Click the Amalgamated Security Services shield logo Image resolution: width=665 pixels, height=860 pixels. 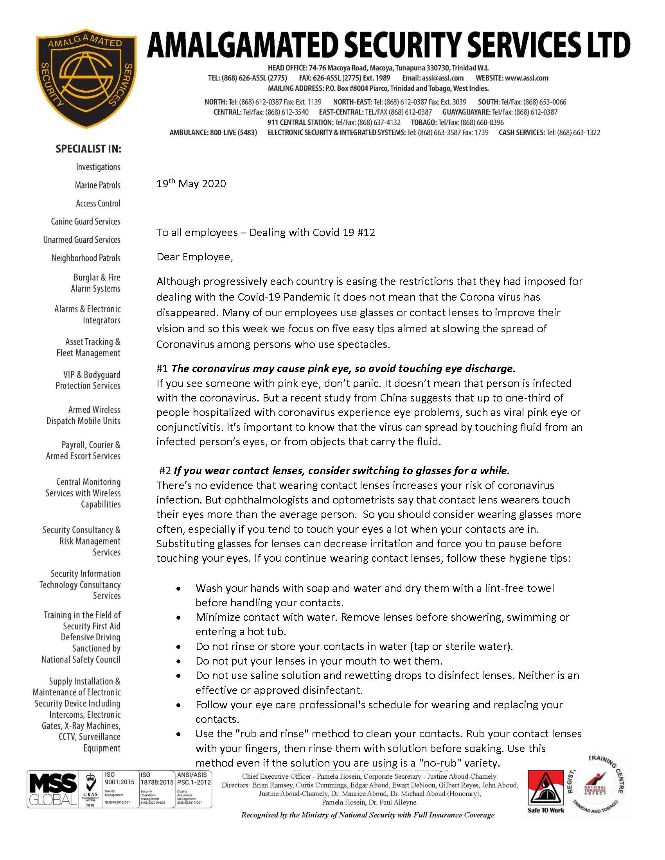click(86, 78)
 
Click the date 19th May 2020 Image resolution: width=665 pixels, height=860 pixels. click(191, 184)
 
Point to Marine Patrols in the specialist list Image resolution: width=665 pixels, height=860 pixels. click(97, 185)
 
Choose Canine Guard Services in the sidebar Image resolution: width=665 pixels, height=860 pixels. click(86, 221)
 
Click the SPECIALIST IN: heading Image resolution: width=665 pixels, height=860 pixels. click(88, 149)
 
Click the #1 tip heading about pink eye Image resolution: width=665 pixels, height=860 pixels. click(336, 369)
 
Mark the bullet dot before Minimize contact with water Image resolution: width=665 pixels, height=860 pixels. click(179, 618)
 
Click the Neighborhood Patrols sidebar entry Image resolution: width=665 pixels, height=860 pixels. click(86, 258)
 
